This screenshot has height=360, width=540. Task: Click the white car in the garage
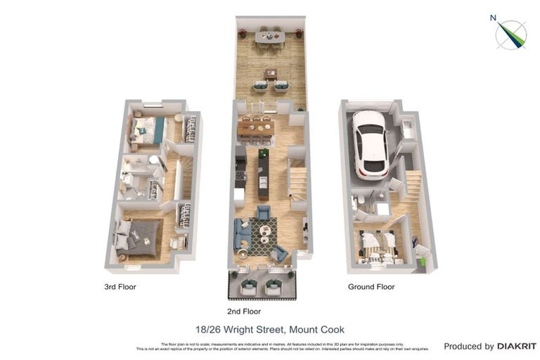point(369,144)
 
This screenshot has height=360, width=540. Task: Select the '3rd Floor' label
point(120,287)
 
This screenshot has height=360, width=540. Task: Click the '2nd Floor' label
point(245,311)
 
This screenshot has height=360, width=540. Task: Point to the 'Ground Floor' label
point(371,287)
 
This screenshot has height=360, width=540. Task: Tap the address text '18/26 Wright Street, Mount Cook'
point(269,329)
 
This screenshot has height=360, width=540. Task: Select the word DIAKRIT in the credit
point(517,346)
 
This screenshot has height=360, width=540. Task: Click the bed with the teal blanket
point(148,129)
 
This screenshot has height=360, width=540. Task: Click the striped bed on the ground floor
point(379,245)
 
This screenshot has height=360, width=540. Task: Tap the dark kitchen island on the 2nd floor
point(264,174)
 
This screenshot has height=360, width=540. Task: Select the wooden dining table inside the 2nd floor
point(255,128)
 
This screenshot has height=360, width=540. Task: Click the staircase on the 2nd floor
point(298,181)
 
